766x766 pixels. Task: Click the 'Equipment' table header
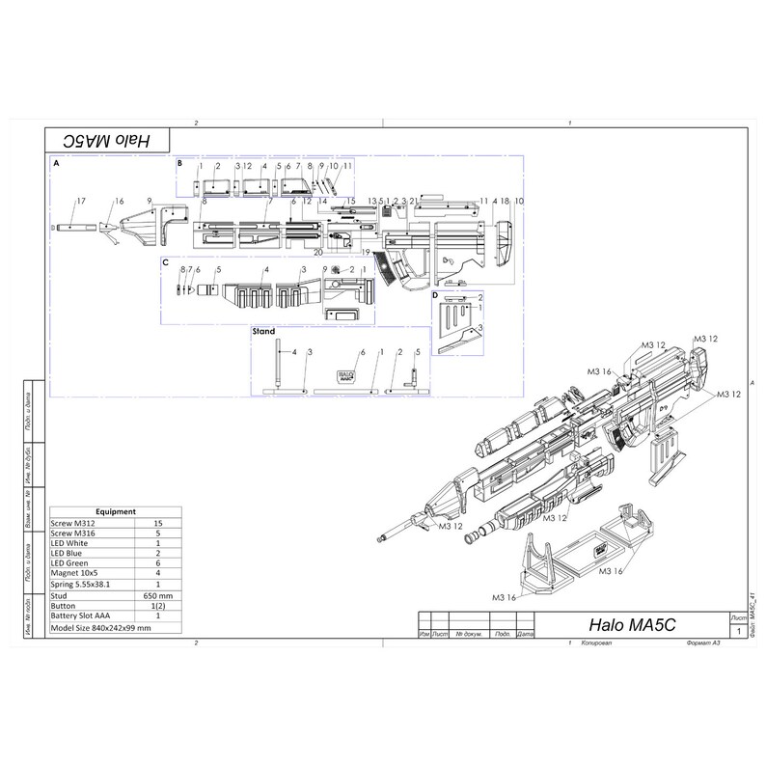pos(119,511)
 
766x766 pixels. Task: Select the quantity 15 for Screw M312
pos(157,523)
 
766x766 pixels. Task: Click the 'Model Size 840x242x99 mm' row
pos(100,627)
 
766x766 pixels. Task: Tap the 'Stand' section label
pos(263,330)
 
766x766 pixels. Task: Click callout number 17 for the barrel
pos(82,200)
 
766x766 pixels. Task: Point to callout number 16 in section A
pos(120,201)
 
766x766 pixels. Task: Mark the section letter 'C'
pos(166,261)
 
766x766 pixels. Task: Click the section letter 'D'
pos(435,293)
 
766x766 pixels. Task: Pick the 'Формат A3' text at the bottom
pos(702,643)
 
